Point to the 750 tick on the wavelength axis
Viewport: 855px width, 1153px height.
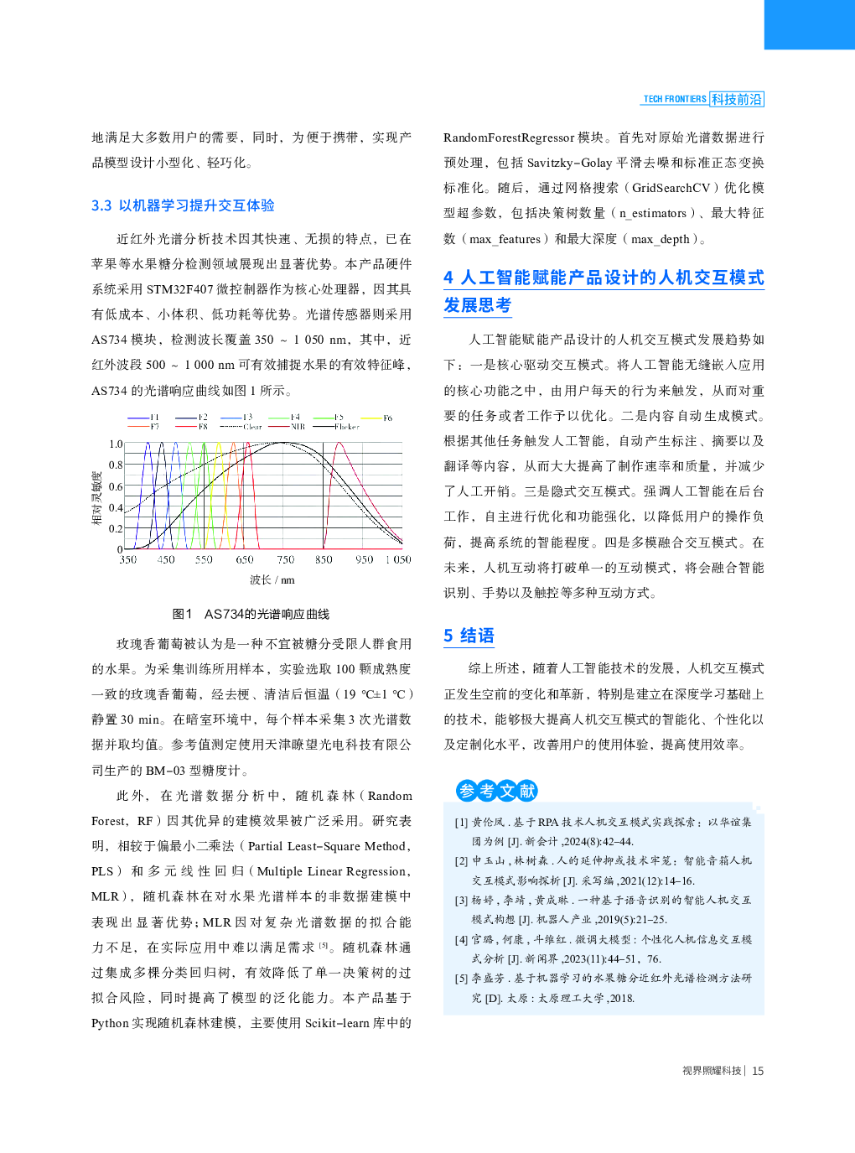286,559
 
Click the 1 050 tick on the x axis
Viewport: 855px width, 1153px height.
398,559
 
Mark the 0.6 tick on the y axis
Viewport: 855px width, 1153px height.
116,486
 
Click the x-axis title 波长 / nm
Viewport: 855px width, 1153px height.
272,580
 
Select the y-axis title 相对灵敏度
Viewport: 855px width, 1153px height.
97,498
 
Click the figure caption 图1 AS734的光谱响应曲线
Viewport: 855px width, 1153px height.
251,614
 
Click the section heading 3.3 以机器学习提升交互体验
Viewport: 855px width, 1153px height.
183,205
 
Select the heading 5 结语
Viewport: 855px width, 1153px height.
469,636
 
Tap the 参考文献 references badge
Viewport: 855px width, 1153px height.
496,790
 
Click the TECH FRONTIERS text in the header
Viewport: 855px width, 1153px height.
674,99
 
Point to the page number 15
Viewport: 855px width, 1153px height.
758,1071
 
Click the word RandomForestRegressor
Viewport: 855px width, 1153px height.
509,138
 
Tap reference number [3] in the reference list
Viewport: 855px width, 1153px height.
461,901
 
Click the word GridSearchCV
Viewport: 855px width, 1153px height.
671,188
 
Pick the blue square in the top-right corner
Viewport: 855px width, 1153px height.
809,24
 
